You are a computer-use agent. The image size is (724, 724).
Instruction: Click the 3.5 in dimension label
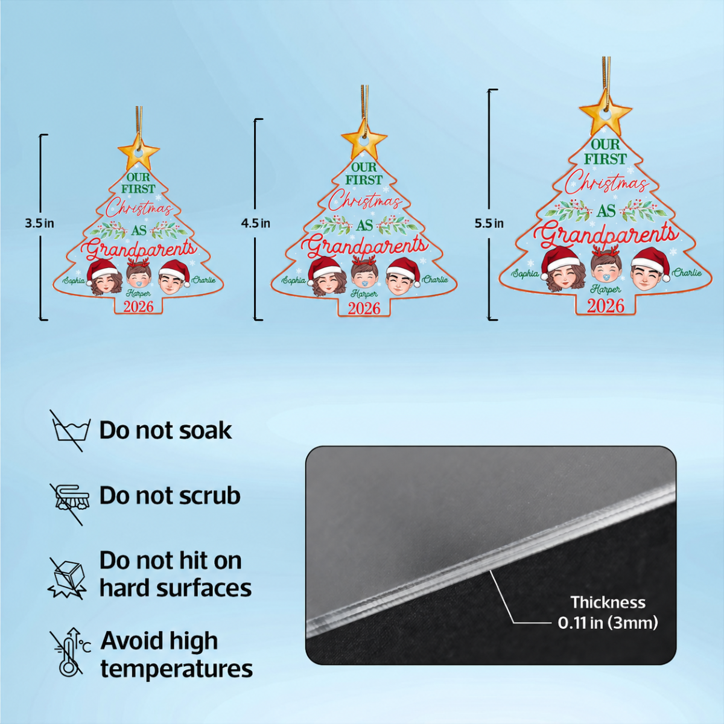coord(39,224)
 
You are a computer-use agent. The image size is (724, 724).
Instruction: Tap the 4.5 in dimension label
coord(255,224)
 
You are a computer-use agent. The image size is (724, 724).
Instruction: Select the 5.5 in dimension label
coord(489,224)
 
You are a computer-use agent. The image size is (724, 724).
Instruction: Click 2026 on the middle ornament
coord(364,309)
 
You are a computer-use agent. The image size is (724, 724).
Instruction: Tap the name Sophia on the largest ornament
coord(525,273)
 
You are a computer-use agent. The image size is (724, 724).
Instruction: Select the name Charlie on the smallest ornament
coord(204,280)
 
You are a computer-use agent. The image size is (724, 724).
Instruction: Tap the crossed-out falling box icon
coord(68,578)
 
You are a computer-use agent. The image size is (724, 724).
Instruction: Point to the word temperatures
coord(177,669)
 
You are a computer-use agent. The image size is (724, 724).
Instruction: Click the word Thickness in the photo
coord(608,602)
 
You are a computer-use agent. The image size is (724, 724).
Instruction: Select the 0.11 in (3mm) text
coord(608,623)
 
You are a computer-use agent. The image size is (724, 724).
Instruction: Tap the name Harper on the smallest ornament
coord(139,293)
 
